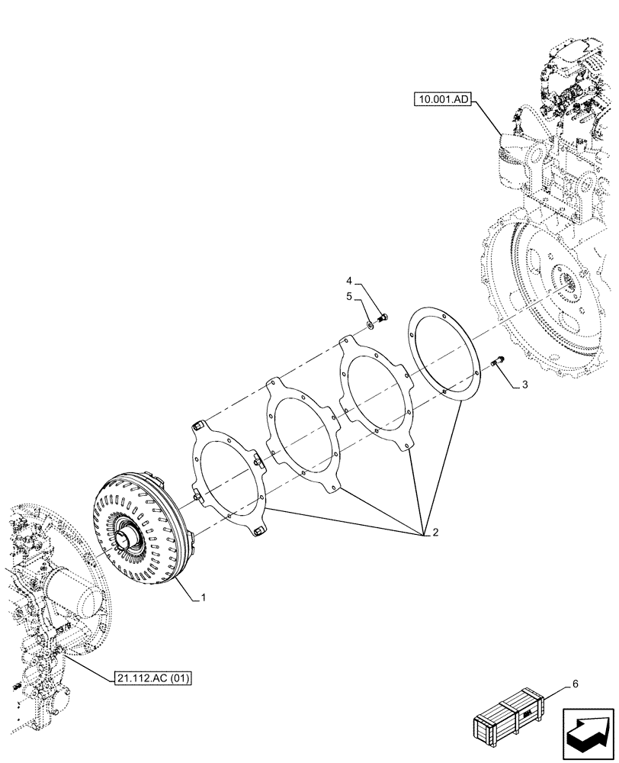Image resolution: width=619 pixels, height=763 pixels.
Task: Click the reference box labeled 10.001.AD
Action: click(444, 99)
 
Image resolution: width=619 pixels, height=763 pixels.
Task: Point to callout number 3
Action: click(523, 386)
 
